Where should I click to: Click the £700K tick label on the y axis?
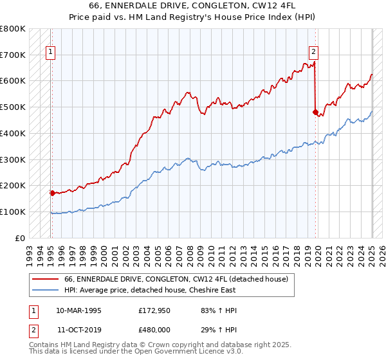[13, 55]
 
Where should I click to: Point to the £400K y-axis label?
[13, 133]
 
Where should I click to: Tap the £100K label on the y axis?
[13, 212]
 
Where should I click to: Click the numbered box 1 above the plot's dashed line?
[51, 53]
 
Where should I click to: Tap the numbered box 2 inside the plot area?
[313, 53]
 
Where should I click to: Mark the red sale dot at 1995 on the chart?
[52, 192]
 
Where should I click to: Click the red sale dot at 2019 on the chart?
[315, 112]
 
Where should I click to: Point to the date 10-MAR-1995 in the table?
[78, 310]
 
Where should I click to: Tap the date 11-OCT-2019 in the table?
[78, 330]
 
